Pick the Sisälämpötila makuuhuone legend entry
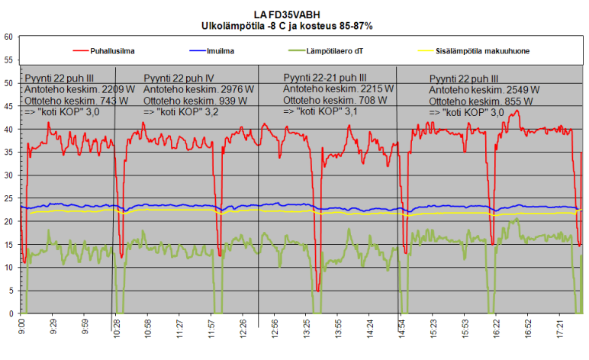pyautogui.click(x=484, y=51)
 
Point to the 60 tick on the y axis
pyautogui.click(x=8, y=37)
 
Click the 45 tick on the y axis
pyautogui.click(x=8, y=106)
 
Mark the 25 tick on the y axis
pyautogui.click(x=8, y=198)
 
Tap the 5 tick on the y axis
pyautogui.click(x=10, y=291)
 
